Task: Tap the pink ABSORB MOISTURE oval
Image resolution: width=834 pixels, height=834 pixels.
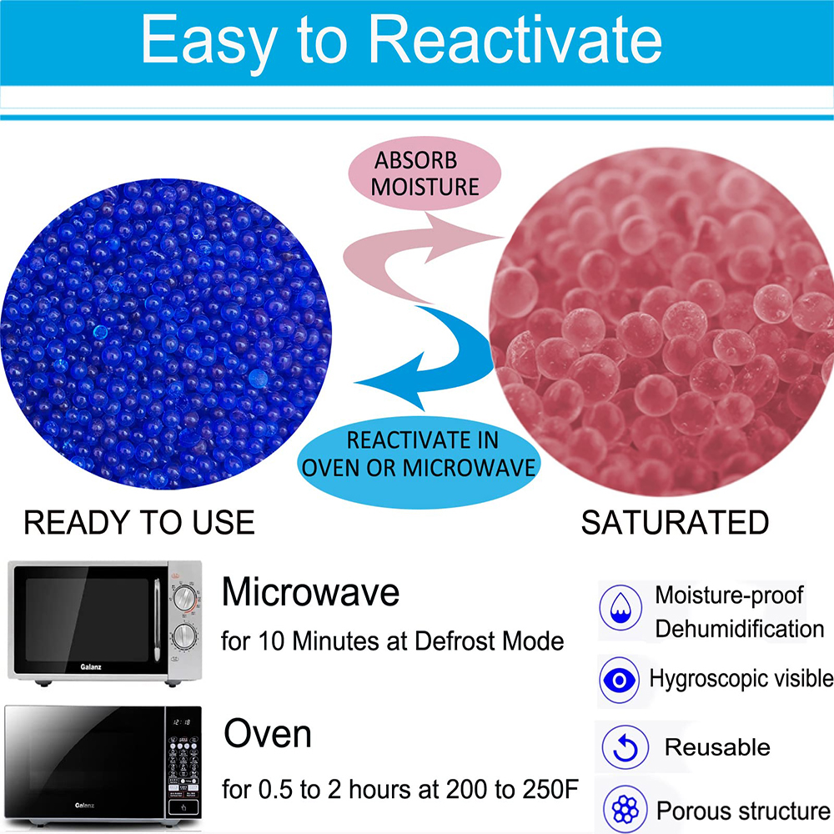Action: [x=425, y=173]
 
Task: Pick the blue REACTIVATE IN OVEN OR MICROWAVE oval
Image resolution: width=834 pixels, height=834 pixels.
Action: [x=417, y=455]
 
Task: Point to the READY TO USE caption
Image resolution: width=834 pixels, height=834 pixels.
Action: [x=138, y=523]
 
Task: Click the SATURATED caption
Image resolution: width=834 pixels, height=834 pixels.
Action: [x=674, y=523]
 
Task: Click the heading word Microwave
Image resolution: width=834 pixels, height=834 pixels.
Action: [x=310, y=593]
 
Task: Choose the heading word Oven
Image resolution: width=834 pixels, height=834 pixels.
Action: [x=267, y=735]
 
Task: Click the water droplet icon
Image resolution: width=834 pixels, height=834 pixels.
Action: [x=620, y=607]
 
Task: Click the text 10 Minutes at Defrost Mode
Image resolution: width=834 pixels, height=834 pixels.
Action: [x=411, y=642]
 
